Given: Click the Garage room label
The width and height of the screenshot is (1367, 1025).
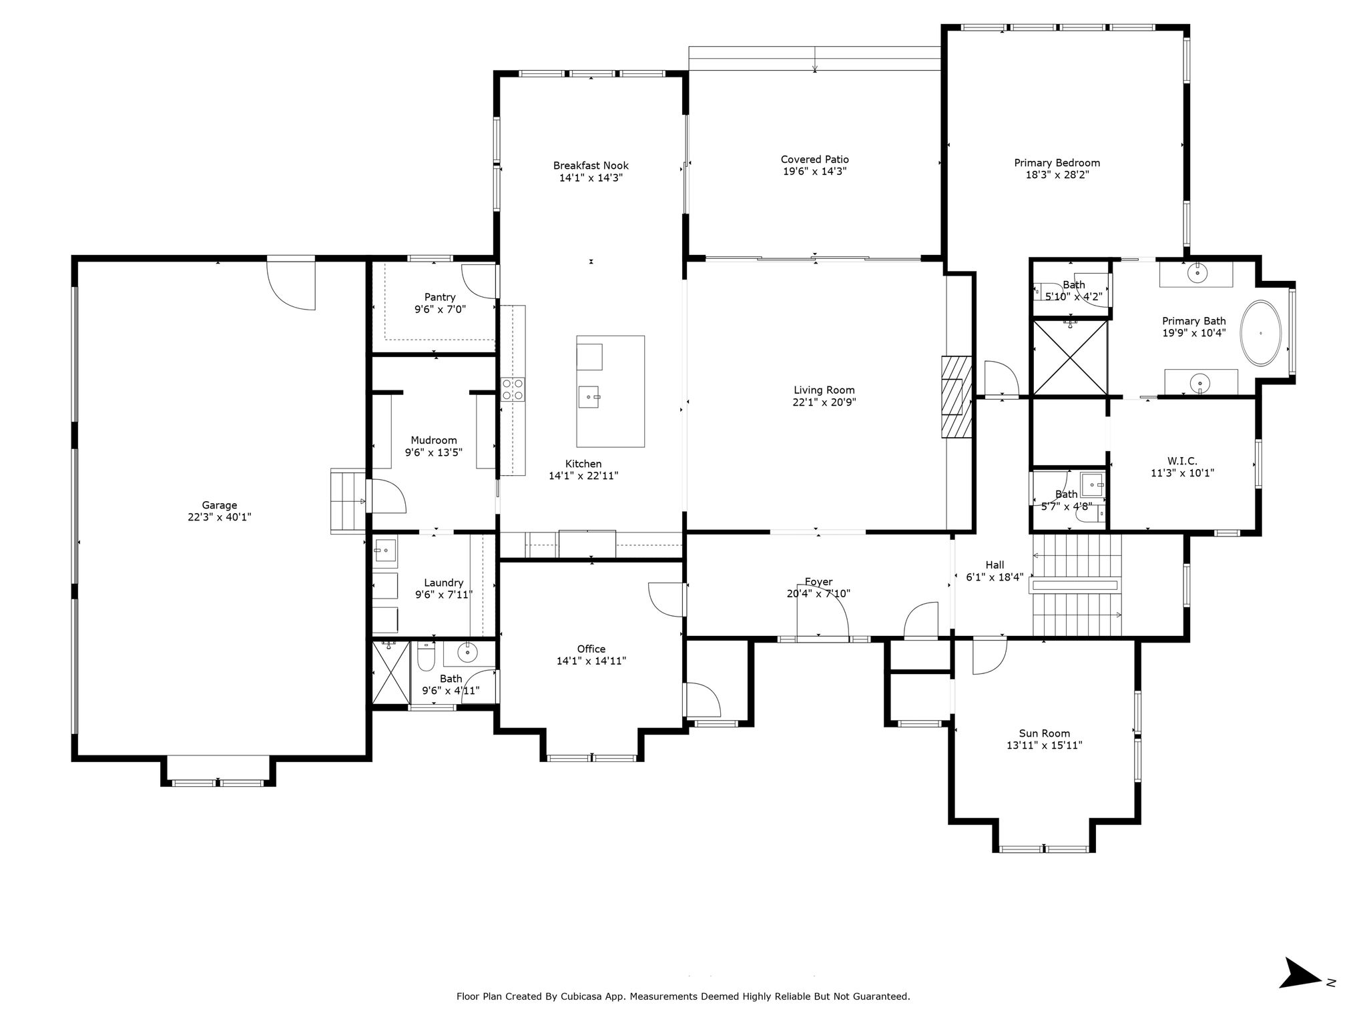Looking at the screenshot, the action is coord(220,505).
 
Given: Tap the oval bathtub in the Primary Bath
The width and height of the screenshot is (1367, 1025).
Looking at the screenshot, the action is coord(1260,333).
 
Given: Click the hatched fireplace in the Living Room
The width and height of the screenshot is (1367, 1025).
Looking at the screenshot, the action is coord(956,397).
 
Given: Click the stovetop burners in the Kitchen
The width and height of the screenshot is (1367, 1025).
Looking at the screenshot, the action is coord(513,389).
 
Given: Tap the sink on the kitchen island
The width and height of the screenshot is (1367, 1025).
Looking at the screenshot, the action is coord(589,397).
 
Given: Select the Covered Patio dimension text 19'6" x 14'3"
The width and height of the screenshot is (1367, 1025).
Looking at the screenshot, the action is coord(815,172).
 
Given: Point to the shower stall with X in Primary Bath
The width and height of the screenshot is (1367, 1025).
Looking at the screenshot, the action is coord(1069,358).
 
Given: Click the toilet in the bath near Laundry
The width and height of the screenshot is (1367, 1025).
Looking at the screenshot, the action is coord(425,656).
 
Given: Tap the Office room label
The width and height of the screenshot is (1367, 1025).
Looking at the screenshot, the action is coord(591,649).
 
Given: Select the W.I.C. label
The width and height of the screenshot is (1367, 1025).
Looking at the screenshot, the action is coord(1182,461).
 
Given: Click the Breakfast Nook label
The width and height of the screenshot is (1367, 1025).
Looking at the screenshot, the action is coord(591,165).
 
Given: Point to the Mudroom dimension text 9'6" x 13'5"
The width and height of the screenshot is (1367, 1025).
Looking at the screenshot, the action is coord(434,452).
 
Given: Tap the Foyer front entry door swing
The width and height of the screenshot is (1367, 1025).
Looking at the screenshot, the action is coord(823,611).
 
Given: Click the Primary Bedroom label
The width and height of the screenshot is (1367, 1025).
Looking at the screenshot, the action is coord(1057,163).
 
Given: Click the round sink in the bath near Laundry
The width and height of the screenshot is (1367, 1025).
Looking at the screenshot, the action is coord(467,652).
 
